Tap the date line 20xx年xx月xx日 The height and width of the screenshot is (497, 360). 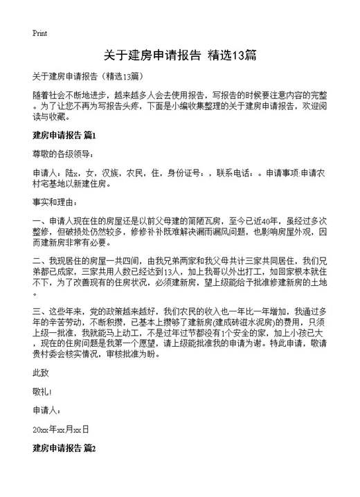[61, 428]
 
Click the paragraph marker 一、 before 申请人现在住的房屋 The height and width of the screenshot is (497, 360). [39, 221]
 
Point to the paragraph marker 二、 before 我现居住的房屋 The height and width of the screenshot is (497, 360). [39, 260]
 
